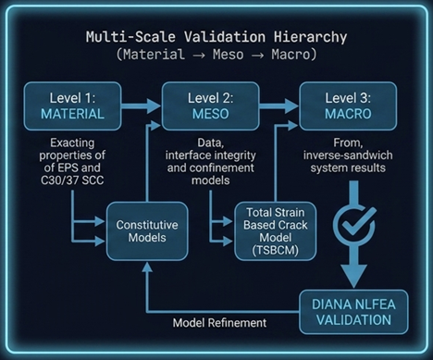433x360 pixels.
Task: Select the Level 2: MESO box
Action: pyautogui.click(x=210, y=106)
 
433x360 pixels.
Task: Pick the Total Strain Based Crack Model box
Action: pyautogui.click(x=273, y=230)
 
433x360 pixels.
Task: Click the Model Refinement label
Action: pyautogui.click(x=219, y=323)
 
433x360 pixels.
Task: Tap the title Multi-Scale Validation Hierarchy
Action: pyautogui.click(x=216, y=38)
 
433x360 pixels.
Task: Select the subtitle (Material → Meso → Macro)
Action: pyautogui.click(x=216, y=56)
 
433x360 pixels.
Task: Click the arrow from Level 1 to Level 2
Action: pyautogui.click(x=146, y=107)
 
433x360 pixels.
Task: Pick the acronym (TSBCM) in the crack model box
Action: pyautogui.click(x=273, y=249)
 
